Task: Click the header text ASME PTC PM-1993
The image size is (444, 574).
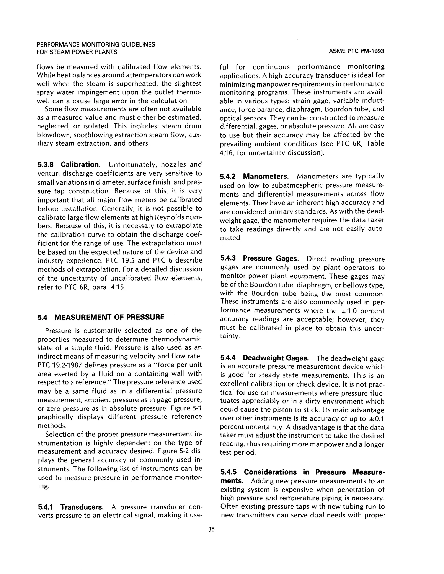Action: click(x=356, y=52)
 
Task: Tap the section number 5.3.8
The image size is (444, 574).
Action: click(x=46, y=165)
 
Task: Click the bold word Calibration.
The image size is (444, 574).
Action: click(x=81, y=165)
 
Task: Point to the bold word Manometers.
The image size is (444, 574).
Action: click(x=266, y=176)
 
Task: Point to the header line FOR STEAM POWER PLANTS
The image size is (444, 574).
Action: click(x=77, y=52)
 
